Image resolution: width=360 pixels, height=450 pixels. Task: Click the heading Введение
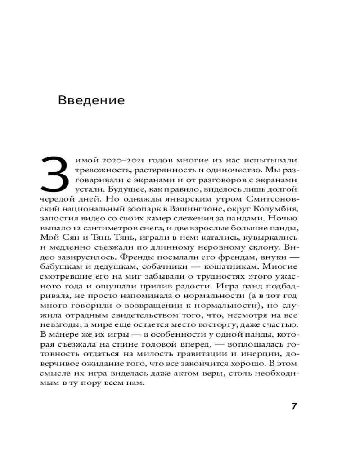click(x=91, y=100)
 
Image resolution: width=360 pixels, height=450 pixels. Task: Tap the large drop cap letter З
click(x=54, y=174)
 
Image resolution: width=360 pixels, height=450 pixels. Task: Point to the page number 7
click(x=294, y=406)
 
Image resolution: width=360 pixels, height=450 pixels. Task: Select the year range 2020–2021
click(x=118, y=161)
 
